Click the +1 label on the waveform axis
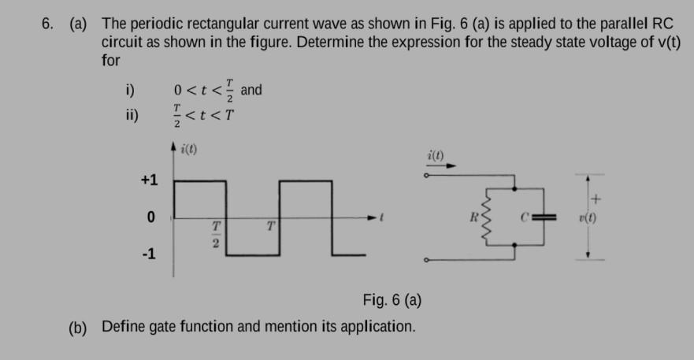pyautogui.click(x=149, y=180)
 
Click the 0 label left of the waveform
pyautogui.click(x=149, y=217)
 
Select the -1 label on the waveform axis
pyautogui.click(x=149, y=254)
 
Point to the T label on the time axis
pyautogui.click(x=270, y=227)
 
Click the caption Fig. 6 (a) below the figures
pyautogui.click(x=392, y=299)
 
